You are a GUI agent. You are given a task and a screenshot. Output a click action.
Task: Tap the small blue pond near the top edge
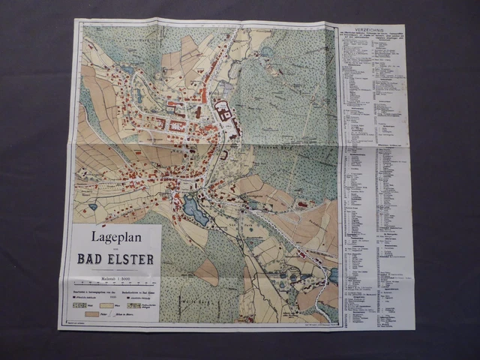[267, 52]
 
